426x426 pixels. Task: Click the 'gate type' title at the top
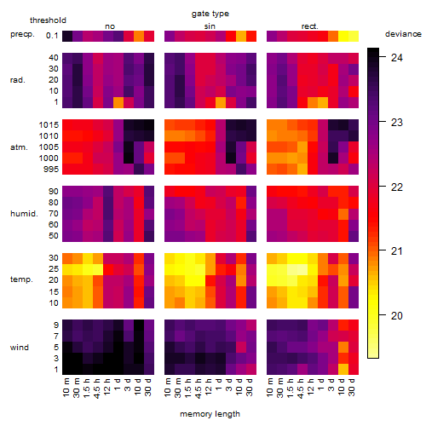pos(210,14)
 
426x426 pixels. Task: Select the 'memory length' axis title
pos(210,414)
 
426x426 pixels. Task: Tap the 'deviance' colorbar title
pos(403,34)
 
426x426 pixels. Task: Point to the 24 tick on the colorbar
pos(397,58)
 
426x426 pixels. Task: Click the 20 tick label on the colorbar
pos(397,315)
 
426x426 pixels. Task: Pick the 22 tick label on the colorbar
pos(397,187)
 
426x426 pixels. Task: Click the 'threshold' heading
pos(48,20)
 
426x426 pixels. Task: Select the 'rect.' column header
pos(310,26)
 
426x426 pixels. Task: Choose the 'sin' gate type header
pos(210,26)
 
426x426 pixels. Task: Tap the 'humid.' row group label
pos(24,214)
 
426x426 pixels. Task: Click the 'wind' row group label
pos(20,348)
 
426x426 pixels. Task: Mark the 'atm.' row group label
pos(19,147)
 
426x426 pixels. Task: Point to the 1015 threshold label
pos(49,124)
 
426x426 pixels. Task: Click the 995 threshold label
pos(51,170)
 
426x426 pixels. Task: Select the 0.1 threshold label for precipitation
pos(52,36)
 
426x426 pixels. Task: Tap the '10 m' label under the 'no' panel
pos(66,387)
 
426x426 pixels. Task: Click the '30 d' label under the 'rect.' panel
pos(352,387)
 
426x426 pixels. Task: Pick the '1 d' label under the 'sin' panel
pos(219,384)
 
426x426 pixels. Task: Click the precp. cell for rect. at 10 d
pos(343,36)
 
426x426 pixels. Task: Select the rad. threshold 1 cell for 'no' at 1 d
pos(118,102)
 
